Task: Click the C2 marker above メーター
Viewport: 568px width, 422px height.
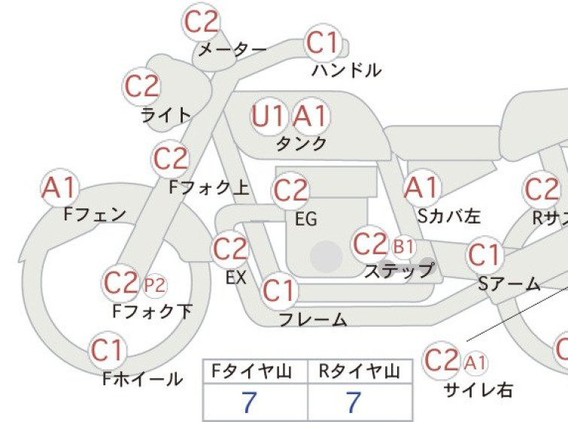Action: pos(201,22)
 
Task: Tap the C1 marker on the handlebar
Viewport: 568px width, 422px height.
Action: pos(323,43)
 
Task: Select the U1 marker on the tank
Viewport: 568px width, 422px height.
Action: pos(269,117)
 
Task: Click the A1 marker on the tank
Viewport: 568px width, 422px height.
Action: pos(310,117)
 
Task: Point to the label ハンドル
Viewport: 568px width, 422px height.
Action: pos(346,71)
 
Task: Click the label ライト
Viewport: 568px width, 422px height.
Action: pos(166,115)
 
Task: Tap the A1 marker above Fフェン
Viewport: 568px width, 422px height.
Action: pos(59,188)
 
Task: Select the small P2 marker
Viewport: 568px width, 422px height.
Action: pos(155,285)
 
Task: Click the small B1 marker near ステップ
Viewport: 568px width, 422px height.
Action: pos(403,247)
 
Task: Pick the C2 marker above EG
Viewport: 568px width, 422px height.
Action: pos(290,191)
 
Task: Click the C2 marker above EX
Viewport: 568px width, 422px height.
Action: pos(230,249)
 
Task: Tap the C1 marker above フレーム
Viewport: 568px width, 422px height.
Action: pos(279,291)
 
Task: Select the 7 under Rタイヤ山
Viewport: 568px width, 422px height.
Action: pos(353,402)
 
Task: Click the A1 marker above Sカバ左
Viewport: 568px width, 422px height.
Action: pos(422,188)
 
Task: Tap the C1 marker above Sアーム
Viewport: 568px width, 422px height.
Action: pos(484,255)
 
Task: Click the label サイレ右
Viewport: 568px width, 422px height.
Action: pos(478,390)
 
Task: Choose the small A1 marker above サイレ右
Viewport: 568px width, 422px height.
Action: pos(475,363)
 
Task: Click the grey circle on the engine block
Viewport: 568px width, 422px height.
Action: pos(327,257)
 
